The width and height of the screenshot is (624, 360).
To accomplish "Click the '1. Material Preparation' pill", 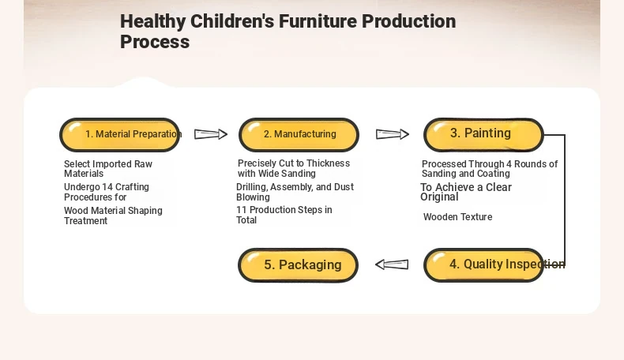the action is (x=120, y=135).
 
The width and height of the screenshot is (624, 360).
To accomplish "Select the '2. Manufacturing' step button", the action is (x=299, y=135).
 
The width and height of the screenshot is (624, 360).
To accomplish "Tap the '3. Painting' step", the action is (x=483, y=135).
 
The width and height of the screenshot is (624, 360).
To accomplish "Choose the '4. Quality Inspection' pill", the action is (x=483, y=265).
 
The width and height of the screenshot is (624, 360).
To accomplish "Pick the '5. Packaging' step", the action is (x=298, y=265).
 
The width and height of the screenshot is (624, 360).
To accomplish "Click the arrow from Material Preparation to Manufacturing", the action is (x=211, y=134).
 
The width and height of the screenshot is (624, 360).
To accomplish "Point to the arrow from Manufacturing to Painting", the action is (x=393, y=134).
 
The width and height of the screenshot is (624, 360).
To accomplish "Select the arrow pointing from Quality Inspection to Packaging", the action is (x=392, y=264).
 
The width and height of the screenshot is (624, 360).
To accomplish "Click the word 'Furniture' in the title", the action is (x=318, y=21).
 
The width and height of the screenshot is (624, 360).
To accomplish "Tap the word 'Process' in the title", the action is (x=155, y=42).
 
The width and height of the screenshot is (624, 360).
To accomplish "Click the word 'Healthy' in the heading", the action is (x=152, y=21).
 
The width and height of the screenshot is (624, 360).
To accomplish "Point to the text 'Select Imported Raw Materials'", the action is (x=108, y=169).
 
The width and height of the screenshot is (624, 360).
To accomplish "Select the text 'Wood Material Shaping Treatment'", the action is (x=113, y=216).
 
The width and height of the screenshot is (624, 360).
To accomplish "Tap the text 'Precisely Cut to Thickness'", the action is (x=294, y=163).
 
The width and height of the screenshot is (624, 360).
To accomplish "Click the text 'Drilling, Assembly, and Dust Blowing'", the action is (x=295, y=192).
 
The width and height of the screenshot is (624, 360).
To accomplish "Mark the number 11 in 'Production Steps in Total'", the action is (x=241, y=210).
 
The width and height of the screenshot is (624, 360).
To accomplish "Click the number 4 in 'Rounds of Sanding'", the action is (x=509, y=164).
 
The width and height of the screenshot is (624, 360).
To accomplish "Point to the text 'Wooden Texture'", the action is (x=457, y=217).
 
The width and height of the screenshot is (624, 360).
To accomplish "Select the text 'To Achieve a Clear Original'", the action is (x=465, y=192).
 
